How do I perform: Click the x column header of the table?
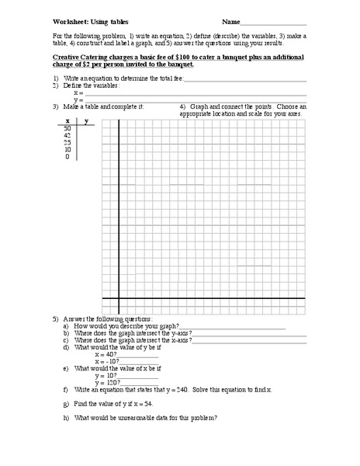point(67,122)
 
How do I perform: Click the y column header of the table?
point(85,122)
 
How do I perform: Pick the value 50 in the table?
point(67,129)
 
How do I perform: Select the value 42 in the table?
point(67,136)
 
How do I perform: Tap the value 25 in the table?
point(67,143)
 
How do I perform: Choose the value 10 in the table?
point(67,150)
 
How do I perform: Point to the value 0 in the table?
point(67,157)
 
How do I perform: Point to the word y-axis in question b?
point(161,333)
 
